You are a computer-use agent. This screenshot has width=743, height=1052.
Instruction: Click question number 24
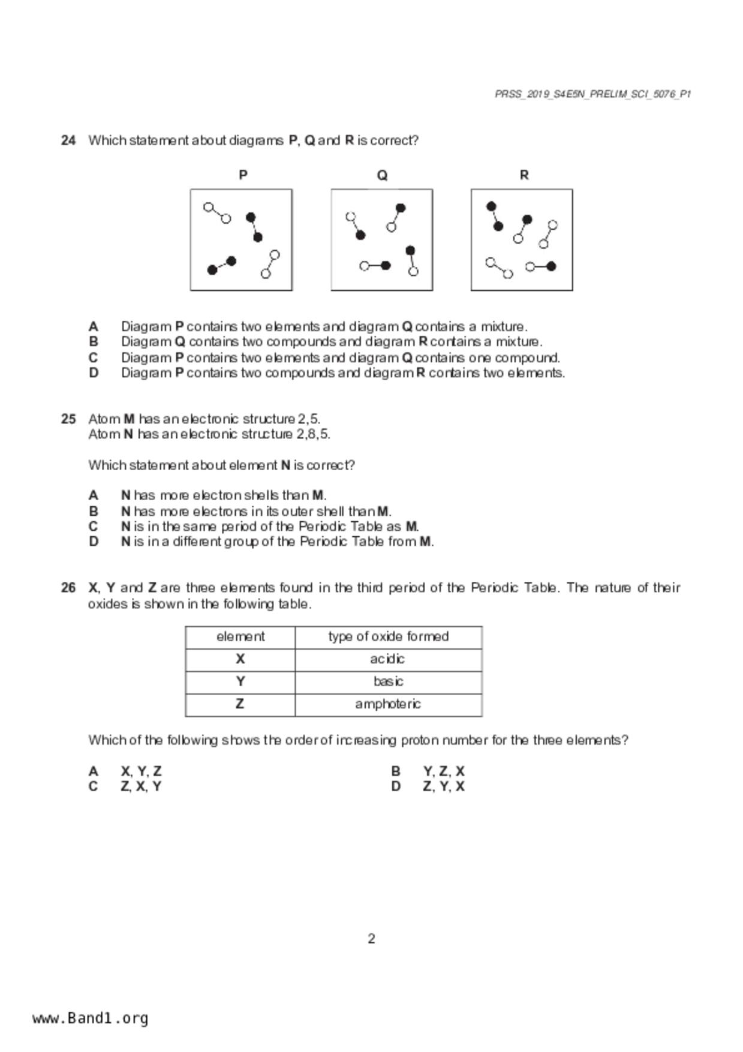[68, 140]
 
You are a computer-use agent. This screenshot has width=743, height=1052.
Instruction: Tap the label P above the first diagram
[243, 175]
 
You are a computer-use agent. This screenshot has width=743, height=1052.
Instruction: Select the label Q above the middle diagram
[382, 175]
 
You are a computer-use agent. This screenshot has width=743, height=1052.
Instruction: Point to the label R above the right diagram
[524, 175]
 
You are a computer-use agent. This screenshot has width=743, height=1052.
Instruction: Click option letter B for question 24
[94, 342]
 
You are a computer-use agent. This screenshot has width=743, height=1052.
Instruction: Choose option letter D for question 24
[94, 373]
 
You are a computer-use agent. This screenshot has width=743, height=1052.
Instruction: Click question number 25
[68, 419]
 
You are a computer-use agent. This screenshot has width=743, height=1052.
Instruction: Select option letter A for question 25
[94, 495]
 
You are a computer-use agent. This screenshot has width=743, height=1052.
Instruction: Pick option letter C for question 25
[94, 527]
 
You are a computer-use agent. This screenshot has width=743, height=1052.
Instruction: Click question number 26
[68, 588]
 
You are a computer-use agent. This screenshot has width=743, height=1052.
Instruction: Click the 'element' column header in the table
[240, 637]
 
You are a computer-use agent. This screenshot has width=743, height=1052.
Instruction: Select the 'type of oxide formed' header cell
[388, 637]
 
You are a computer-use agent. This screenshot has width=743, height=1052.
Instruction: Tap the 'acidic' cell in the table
[387, 659]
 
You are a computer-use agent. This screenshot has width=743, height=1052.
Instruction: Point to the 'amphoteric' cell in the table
[387, 704]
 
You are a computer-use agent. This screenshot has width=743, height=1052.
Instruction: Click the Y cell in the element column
[240, 682]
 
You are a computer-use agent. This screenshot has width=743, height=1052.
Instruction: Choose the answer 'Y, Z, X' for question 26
[443, 771]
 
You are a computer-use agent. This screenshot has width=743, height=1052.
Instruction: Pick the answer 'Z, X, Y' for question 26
[141, 787]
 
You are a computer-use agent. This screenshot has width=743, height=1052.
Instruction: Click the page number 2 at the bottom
[371, 939]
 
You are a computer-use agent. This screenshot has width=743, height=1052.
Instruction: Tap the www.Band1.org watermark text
[91, 1018]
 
